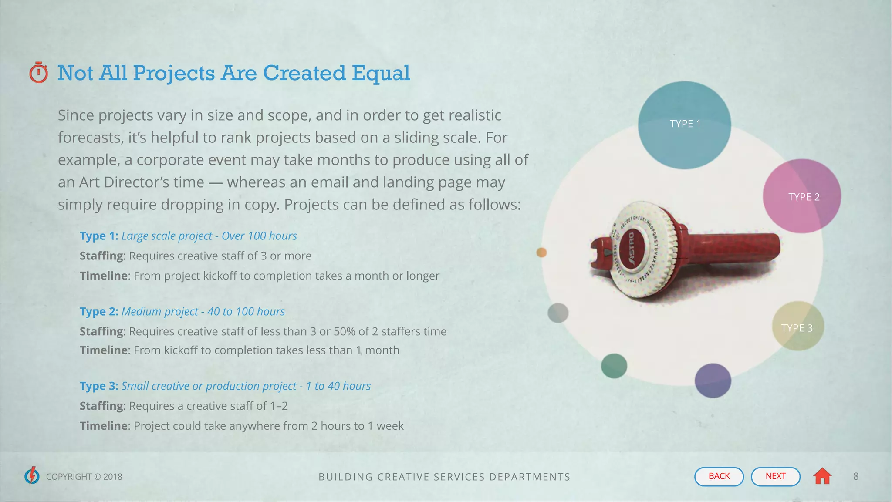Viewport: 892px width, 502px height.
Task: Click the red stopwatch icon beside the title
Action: tap(38, 73)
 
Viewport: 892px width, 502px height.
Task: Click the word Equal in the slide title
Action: tap(381, 73)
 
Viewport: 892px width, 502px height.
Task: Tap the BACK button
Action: tap(719, 476)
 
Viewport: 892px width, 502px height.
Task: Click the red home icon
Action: tap(822, 476)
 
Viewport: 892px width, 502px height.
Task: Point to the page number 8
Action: tap(855, 476)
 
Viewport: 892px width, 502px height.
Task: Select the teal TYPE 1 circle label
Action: tap(685, 124)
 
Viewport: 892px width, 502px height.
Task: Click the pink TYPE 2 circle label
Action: tap(804, 197)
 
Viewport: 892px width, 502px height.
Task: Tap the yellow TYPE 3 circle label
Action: tap(797, 328)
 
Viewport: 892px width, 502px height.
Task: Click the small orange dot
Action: tap(541, 252)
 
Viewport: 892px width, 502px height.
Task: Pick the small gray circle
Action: tap(558, 313)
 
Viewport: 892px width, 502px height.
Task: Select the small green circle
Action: tap(614, 366)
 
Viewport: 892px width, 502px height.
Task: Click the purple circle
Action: tap(713, 381)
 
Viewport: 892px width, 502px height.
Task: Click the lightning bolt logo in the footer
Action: tap(32, 476)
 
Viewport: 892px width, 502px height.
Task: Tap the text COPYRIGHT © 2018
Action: tap(84, 477)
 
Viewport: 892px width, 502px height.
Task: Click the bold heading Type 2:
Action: tap(99, 312)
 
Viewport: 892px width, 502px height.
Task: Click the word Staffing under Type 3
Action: tap(101, 406)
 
